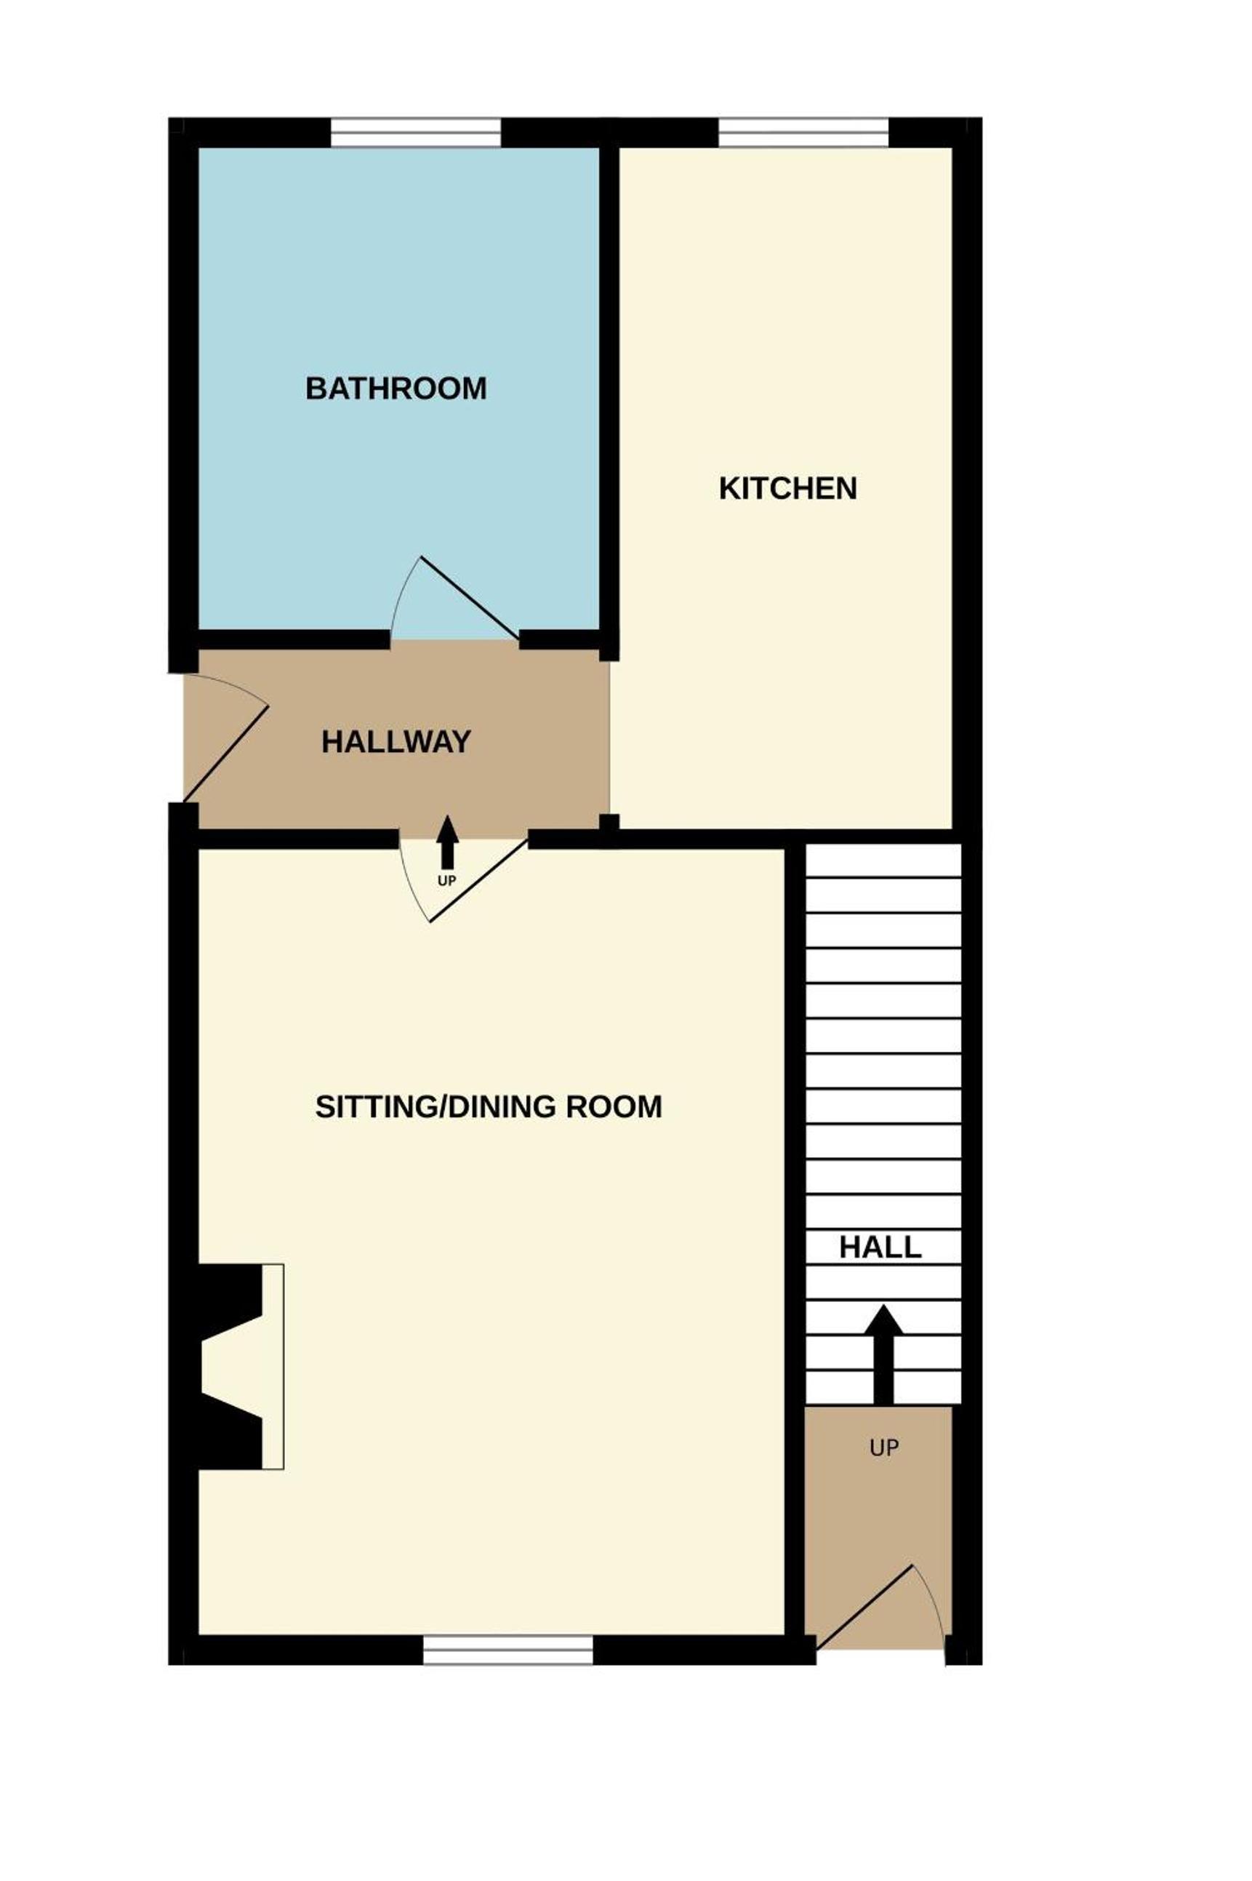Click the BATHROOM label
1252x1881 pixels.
396,388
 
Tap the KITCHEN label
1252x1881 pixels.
788,488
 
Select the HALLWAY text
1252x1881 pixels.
396,742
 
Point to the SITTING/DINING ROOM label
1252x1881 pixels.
489,1106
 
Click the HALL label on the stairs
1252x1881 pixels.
880,1247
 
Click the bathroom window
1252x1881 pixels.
415,132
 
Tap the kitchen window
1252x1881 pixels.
803,132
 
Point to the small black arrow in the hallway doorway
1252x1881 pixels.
447,842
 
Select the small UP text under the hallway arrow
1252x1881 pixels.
447,881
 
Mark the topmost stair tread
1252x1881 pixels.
883,860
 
